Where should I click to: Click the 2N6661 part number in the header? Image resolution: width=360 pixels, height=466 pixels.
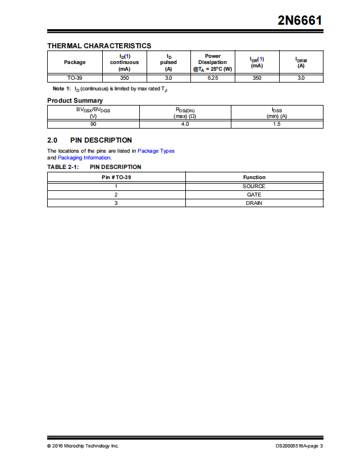click(300, 21)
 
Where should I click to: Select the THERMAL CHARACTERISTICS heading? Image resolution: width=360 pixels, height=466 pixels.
click(99, 45)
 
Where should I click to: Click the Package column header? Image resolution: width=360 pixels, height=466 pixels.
click(75, 62)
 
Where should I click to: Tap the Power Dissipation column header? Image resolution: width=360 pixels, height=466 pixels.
click(212, 62)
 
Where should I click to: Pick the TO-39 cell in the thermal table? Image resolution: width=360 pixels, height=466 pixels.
click(75, 78)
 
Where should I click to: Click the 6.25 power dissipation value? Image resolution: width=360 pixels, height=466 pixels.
click(212, 78)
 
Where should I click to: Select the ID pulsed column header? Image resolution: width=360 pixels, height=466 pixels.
click(168, 62)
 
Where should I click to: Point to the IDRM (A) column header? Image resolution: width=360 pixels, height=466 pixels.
click(301, 62)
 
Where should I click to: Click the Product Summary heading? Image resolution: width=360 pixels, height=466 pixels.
click(75, 100)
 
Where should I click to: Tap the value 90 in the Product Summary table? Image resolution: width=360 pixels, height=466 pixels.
click(93, 124)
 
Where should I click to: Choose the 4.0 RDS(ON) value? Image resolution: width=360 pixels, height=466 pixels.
click(185, 124)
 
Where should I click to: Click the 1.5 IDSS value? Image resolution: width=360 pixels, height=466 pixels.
click(277, 124)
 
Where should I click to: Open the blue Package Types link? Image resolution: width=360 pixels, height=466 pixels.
click(156, 151)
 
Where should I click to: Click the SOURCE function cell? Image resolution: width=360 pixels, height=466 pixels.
click(254, 186)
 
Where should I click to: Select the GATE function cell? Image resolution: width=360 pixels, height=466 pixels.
click(254, 194)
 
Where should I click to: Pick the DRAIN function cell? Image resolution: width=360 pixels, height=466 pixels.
click(254, 203)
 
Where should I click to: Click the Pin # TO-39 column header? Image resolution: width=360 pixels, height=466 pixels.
click(116, 177)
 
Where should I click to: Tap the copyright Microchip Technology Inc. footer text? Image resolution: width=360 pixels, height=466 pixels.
click(83, 446)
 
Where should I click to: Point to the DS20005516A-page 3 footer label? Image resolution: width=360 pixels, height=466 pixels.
click(299, 446)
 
